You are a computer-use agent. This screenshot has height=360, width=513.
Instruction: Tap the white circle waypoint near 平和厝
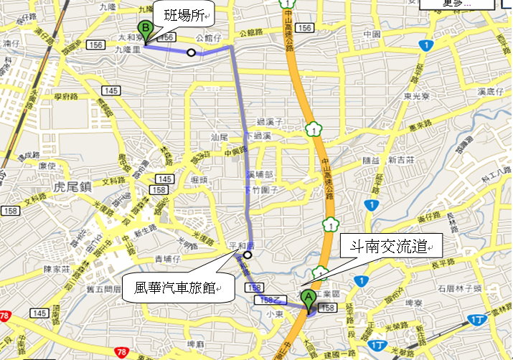pos(248,255)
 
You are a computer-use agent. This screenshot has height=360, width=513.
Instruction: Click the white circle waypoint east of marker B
pos(191,52)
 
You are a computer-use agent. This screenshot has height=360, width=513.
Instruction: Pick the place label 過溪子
pos(271,123)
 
